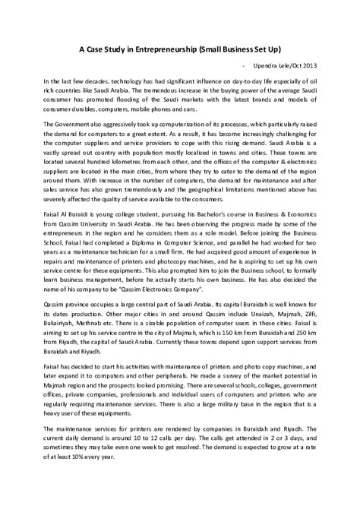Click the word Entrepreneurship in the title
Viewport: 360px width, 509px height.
[152, 46]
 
